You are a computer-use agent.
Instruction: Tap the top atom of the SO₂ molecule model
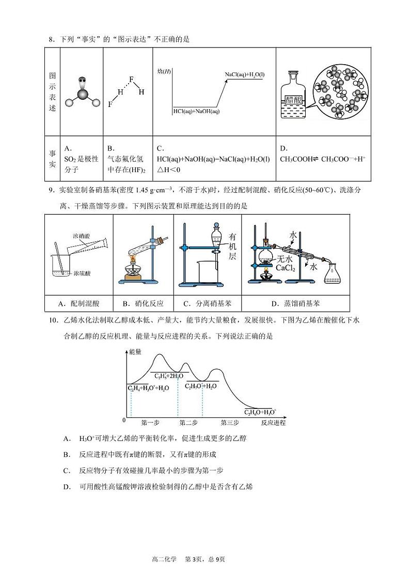click(x=82, y=81)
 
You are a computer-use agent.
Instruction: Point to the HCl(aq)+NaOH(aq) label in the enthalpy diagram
click(x=196, y=111)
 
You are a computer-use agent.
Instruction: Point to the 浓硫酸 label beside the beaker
click(x=83, y=272)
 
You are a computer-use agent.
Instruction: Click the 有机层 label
click(x=233, y=246)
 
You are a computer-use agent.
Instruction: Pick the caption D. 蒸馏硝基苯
click(x=295, y=303)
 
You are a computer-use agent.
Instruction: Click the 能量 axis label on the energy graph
click(x=135, y=352)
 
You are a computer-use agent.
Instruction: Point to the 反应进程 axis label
click(x=273, y=422)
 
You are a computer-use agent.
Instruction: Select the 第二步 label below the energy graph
click(x=188, y=422)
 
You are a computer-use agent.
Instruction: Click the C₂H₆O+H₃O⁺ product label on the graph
click(x=260, y=411)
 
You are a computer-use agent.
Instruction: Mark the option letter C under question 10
click(x=67, y=470)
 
